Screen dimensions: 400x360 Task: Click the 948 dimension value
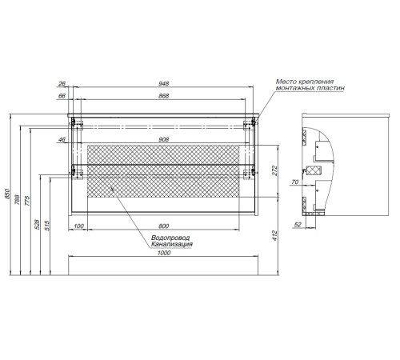pyautogui.click(x=163, y=83)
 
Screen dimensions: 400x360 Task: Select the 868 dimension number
pyautogui.click(x=163, y=96)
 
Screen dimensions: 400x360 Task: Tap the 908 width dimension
pyautogui.click(x=163, y=139)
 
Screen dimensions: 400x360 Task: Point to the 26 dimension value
pyautogui.click(x=62, y=83)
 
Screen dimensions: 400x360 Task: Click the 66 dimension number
pyautogui.click(x=62, y=96)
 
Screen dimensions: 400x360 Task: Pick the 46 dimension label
pyautogui.click(x=62, y=139)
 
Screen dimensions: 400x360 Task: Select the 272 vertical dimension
pyautogui.click(x=274, y=170)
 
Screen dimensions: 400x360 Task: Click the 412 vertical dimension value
pyautogui.click(x=274, y=236)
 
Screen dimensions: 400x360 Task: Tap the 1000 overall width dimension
pyautogui.click(x=164, y=253)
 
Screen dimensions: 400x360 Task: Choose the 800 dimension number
pyautogui.click(x=163, y=226)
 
